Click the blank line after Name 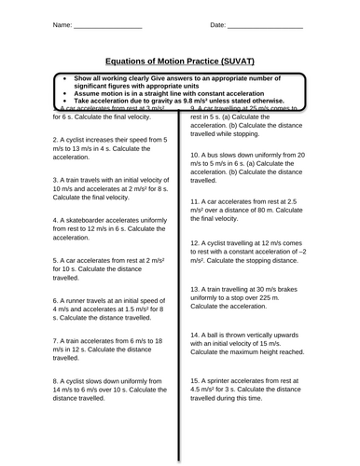click(102, 25)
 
